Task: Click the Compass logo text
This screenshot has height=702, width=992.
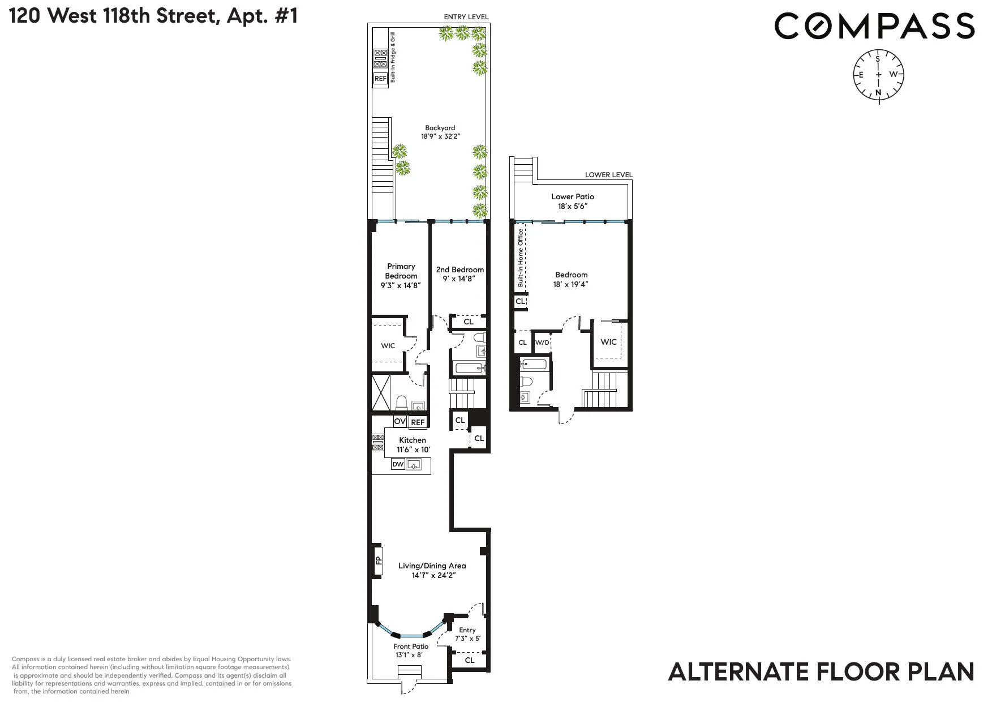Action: pyautogui.click(x=874, y=27)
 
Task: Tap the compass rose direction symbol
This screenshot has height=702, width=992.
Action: pyautogui.click(x=878, y=74)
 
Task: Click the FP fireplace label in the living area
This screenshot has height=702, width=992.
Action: pyautogui.click(x=378, y=561)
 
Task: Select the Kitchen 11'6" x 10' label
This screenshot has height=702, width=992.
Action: pyautogui.click(x=413, y=445)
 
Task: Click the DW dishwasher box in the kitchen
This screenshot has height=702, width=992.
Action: pyautogui.click(x=398, y=465)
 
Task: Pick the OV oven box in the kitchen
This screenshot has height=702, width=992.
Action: pyautogui.click(x=400, y=421)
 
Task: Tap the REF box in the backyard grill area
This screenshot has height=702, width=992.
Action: pyautogui.click(x=380, y=79)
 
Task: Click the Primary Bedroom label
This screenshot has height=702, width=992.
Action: pyautogui.click(x=401, y=276)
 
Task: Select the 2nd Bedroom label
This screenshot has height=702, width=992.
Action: pyautogui.click(x=460, y=274)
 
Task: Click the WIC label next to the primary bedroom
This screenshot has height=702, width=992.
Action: pyautogui.click(x=388, y=346)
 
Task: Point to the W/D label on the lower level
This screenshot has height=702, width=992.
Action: pyautogui.click(x=542, y=343)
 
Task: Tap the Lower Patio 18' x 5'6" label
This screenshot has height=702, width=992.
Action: pyautogui.click(x=573, y=201)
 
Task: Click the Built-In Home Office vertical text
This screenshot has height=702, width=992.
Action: pyautogui.click(x=521, y=258)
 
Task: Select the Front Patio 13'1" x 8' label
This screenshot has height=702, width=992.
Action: pyautogui.click(x=411, y=650)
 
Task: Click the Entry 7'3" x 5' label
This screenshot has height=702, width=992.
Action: pyautogui.click(x=467, y=634)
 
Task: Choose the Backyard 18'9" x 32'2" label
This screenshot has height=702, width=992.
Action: pyautogui.click(x=440, y=132)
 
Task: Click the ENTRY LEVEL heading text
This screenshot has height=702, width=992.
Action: pyautogui.click(x=466, y=17)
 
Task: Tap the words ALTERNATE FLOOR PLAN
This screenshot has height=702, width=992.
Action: pyautogui.click(x=821, y=672)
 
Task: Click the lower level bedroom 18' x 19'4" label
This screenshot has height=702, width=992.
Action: pyautogui.click(x=571, y=280)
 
